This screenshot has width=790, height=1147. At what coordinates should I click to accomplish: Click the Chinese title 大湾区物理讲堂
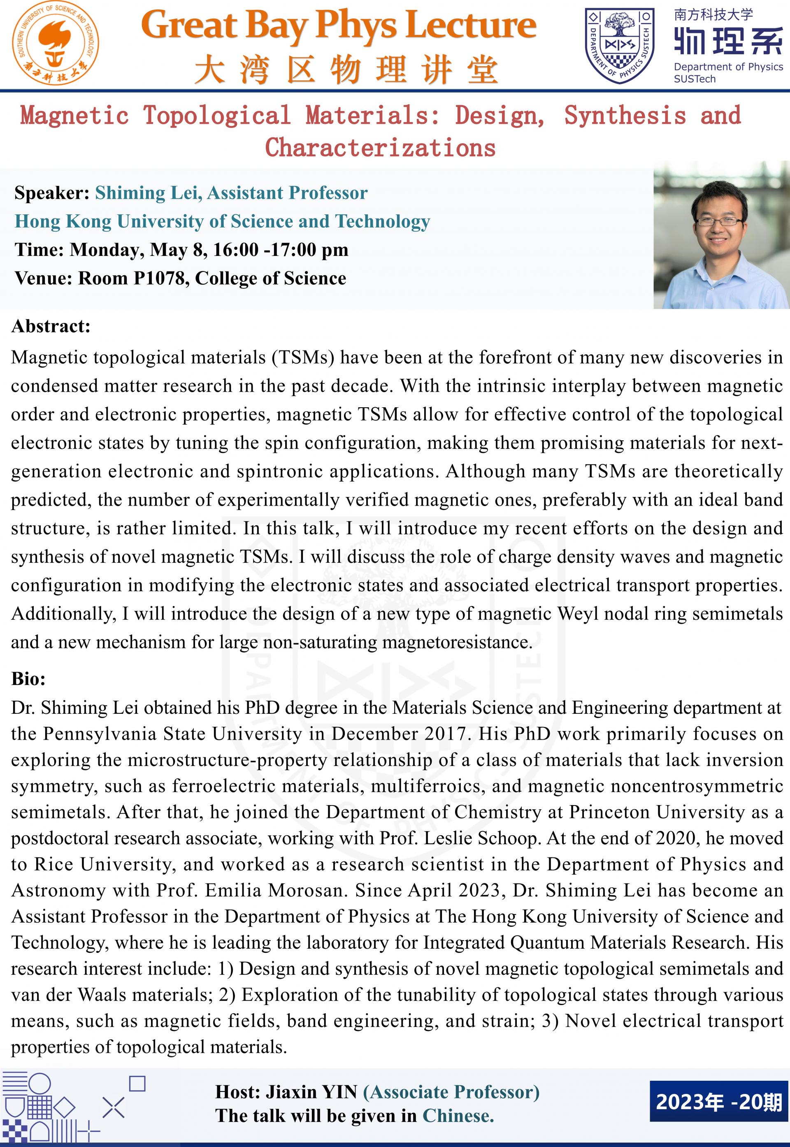346,70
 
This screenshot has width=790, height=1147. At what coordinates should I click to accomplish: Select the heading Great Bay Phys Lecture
339,26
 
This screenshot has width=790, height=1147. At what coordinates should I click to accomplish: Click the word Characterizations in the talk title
380,147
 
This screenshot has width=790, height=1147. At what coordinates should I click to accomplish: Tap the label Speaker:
51,193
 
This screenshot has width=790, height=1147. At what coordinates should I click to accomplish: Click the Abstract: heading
51,327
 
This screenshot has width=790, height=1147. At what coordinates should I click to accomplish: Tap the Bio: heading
28,678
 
